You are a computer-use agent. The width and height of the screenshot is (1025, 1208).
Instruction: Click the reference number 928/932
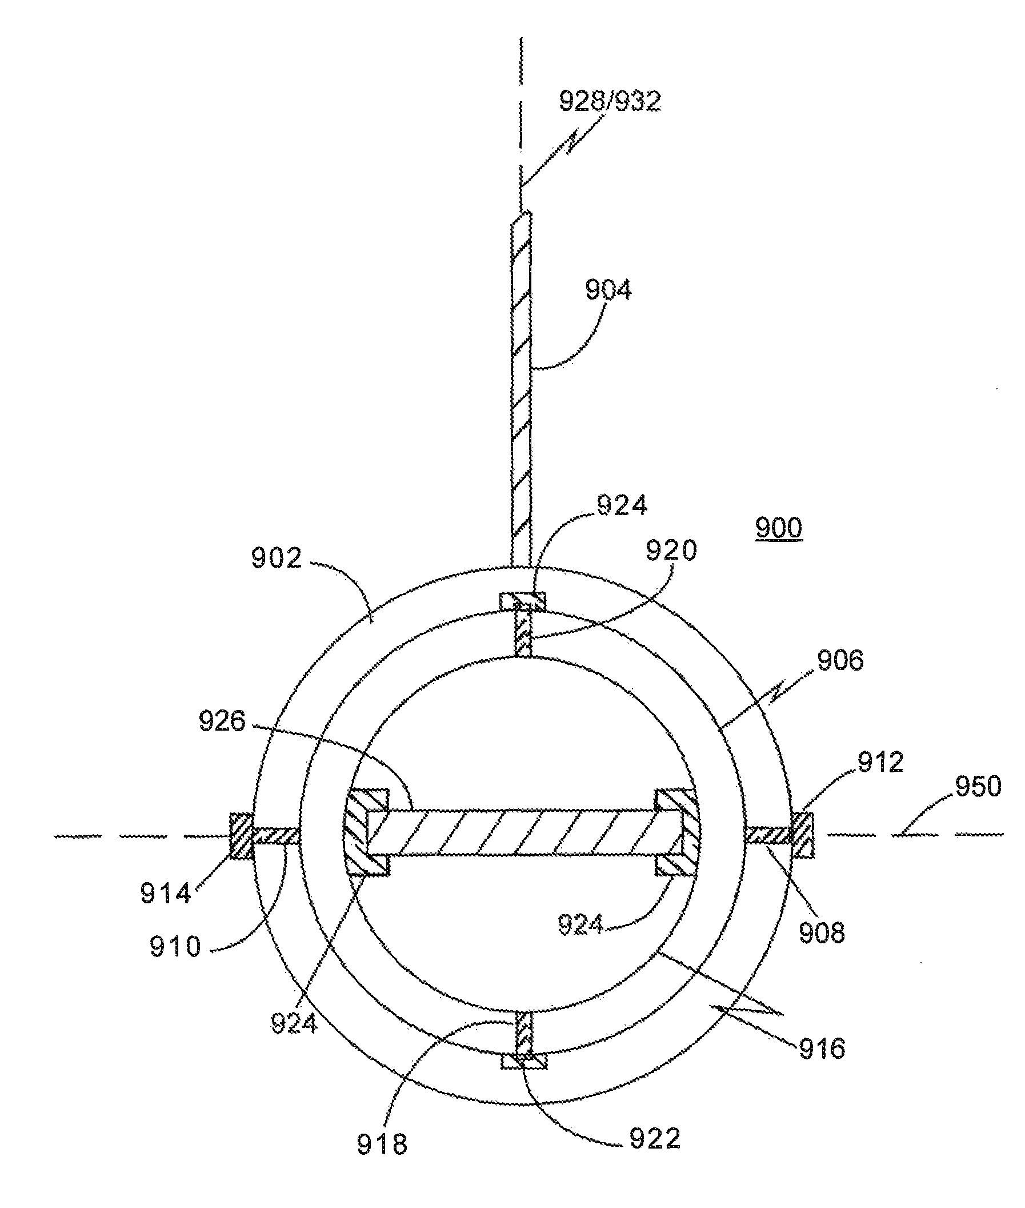610,101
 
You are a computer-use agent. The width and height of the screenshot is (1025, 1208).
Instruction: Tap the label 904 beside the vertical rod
608,289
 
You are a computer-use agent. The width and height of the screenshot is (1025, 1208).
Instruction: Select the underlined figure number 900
779,528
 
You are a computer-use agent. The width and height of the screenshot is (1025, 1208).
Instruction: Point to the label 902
277,558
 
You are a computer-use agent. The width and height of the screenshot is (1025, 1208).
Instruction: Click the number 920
671,550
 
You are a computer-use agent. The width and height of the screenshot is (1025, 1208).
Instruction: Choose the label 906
840,660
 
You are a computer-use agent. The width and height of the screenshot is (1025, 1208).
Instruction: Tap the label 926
223,721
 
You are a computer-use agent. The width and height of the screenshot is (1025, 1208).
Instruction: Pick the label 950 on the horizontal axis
979,786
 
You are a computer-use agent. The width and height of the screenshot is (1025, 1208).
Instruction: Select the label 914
166,892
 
